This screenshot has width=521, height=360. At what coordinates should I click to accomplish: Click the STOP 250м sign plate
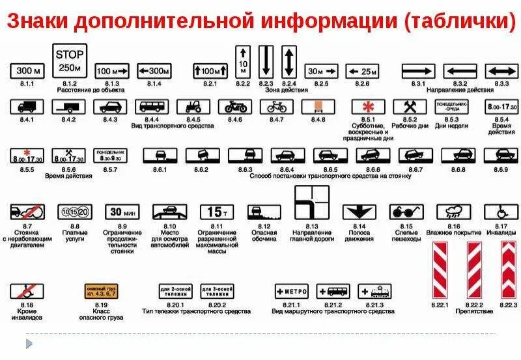click(x=70, y=61)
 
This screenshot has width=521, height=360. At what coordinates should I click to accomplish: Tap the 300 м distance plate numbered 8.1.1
click(x=28, y=70)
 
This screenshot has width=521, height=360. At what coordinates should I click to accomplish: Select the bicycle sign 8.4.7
click(x=276, y=106)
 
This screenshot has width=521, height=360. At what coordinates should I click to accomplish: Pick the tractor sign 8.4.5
click(x=193, y=106)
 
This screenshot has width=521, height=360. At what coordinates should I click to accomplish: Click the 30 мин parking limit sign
click(x=122, y=211)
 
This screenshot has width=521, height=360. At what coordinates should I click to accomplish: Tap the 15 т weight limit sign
click(x=215, y=212)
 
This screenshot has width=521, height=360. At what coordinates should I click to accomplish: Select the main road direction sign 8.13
click(x=311, y=203)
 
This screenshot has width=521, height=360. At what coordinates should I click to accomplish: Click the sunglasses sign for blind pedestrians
click(x=403, y=212)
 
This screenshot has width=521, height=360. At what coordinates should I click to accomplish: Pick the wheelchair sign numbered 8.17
click(x=500, y=212)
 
